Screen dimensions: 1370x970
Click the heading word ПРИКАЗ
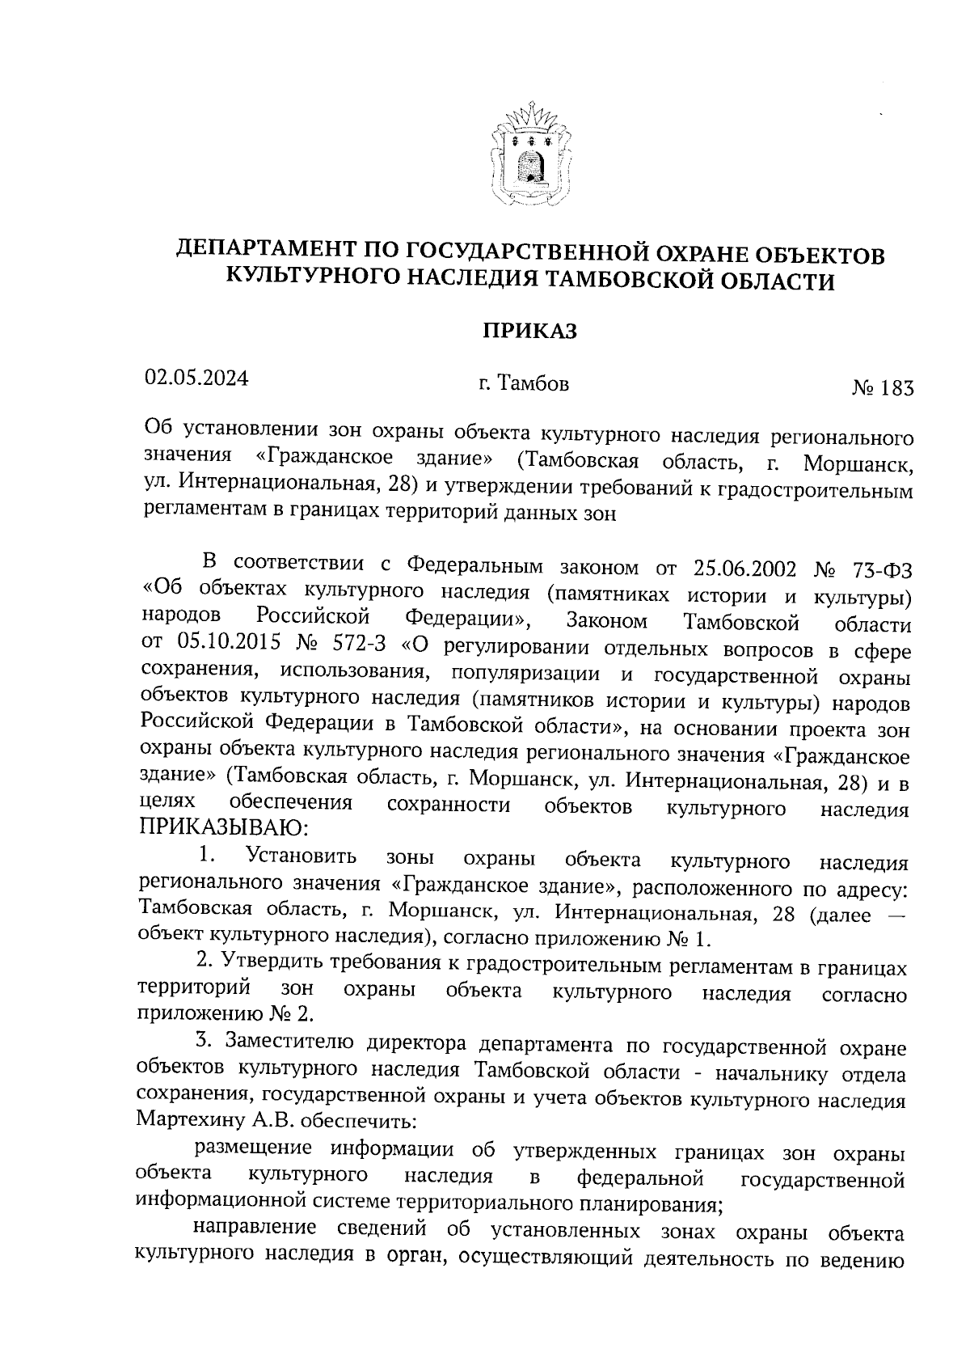(x=530, y=332)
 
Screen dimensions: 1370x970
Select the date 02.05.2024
(x=196, y=378)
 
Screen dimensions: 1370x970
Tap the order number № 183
(x=882, y=389)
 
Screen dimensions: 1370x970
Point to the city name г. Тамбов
(x=523, y=383)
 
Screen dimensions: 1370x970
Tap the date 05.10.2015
(x=222, y=647)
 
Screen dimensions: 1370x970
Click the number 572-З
(x=356, y=647)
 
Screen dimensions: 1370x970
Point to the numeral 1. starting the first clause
(x=207, y=856)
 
